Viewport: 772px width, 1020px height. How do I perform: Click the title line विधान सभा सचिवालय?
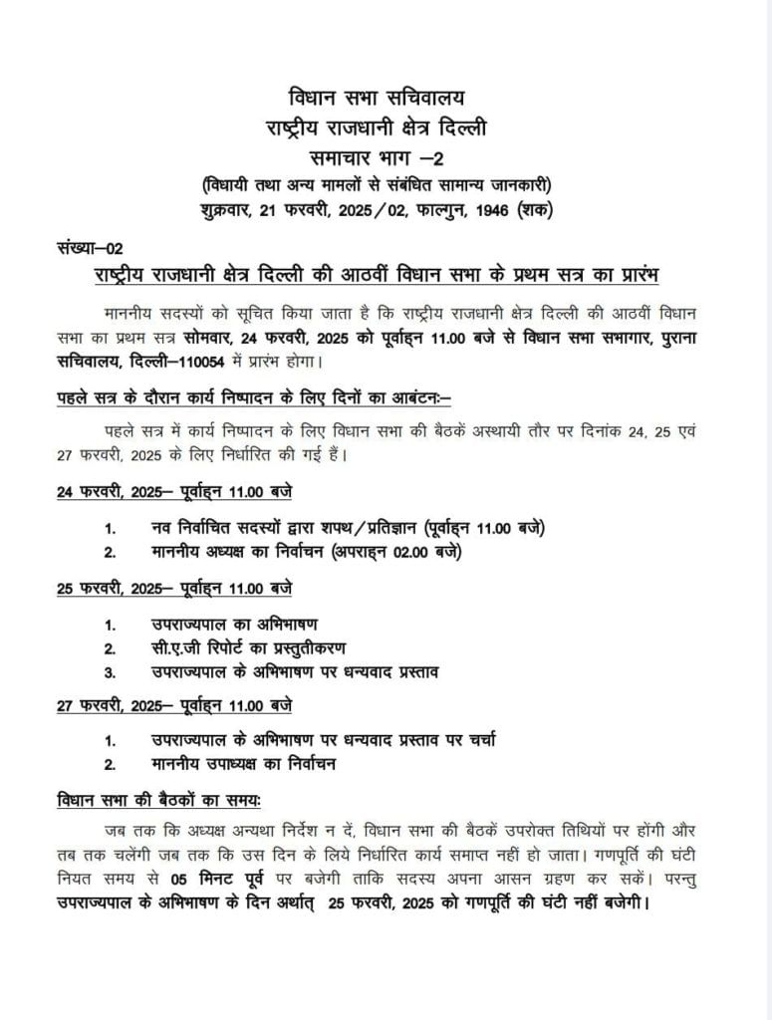386,98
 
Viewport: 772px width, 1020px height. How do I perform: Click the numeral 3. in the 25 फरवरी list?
111,672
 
